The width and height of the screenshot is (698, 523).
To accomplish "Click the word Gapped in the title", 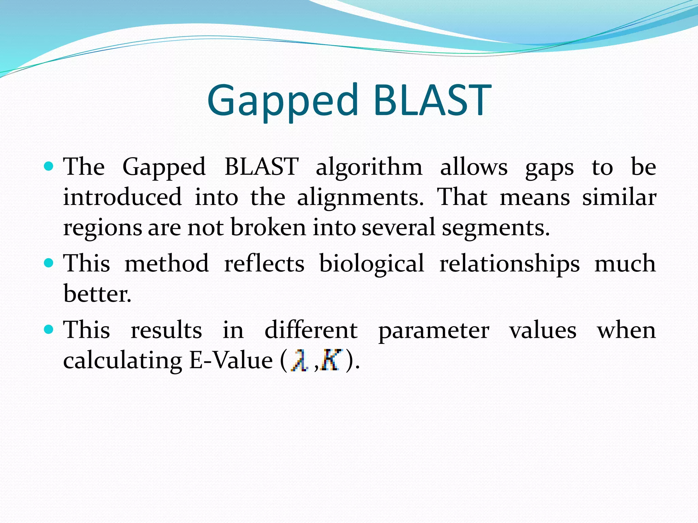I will (x=283, y=101).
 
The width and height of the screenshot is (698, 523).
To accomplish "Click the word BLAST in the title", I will (x=432, y=101).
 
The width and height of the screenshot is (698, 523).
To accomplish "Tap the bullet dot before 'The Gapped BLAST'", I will (x=49, y=167).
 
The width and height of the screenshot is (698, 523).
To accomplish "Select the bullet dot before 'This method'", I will (x=49, y=263).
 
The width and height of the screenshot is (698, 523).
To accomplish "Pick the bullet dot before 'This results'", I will (x=49, y=329).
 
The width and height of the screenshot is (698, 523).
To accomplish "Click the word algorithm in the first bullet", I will (x=369, y=168).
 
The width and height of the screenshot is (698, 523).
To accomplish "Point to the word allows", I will (x=474, y=168).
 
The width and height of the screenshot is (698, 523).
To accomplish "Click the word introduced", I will (x=122, y=197).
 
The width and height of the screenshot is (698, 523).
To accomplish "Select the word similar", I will (x=619, y=197).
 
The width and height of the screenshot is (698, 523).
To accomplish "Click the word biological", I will (x=371, y=264).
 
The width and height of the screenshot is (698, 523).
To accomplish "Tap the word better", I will (x=97, y=294).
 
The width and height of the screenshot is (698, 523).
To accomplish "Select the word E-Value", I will (x=231, y=360).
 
